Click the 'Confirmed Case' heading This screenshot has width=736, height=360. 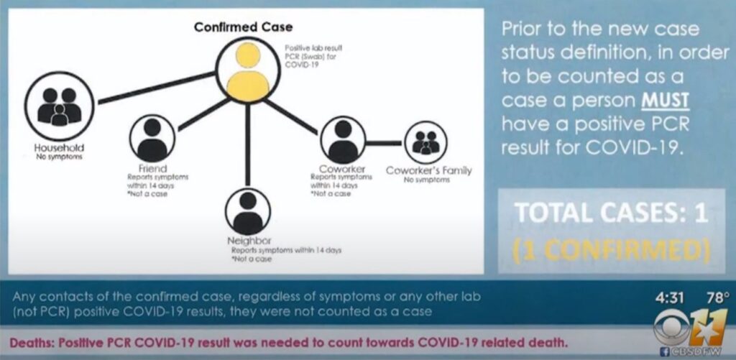point(244,27)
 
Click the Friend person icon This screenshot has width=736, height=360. point(152,139)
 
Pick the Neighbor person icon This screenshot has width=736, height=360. point(248,211)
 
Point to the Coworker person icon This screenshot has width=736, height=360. point(343,139)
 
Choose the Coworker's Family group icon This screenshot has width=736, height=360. point(425,142)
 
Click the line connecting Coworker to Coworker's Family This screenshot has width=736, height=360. point(384,143)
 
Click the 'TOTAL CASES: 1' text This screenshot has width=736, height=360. point(611,213)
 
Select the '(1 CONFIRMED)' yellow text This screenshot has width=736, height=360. point(611,249)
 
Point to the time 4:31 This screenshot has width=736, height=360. point(668,297)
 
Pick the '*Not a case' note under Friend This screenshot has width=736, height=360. point(146,194)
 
